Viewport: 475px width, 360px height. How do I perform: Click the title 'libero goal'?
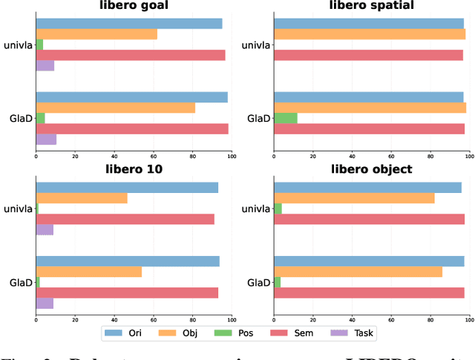pos(134,6)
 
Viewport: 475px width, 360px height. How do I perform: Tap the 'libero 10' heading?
pos(134,169)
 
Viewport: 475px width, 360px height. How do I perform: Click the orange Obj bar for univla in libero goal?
pos(96,34)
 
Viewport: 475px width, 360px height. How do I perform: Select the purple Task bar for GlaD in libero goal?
pos(46,139)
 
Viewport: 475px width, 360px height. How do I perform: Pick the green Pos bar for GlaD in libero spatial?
pos(286,118)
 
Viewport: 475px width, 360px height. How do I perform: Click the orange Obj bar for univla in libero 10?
pos(82,198)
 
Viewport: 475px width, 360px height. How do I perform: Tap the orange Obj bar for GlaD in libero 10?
pos(89,272)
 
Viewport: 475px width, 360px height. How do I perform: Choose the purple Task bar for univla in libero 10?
pos(45,229)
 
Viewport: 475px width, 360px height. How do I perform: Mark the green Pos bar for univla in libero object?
pos(278,209)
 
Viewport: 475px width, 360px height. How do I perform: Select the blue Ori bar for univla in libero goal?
pos(129,24)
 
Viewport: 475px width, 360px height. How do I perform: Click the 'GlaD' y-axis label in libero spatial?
pos(259,118)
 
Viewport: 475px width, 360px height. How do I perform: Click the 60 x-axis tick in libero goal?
pos(154,156)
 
